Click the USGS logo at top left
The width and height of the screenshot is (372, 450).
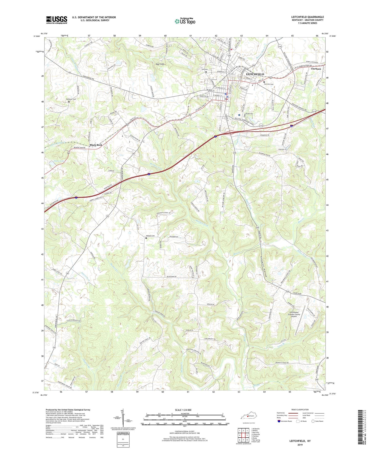pyautogui.click(x=57, y=20)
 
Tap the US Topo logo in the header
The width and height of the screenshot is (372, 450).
pyautogui.click(x=185, y=21)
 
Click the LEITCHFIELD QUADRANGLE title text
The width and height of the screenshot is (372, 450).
pyautogui.click(x=307, y=17)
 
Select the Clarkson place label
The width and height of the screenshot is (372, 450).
pyautogui.click(x=316, y=69)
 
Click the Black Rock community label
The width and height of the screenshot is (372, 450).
pyautogui.click(x=96, y=145)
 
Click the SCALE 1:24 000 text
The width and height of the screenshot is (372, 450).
pyautogui.click(x=183, y=410)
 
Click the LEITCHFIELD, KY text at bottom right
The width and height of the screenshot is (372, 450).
pyautogui.click(x=300, y=441)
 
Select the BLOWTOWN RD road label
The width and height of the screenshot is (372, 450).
pyautogui.click(x=171, y=277)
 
